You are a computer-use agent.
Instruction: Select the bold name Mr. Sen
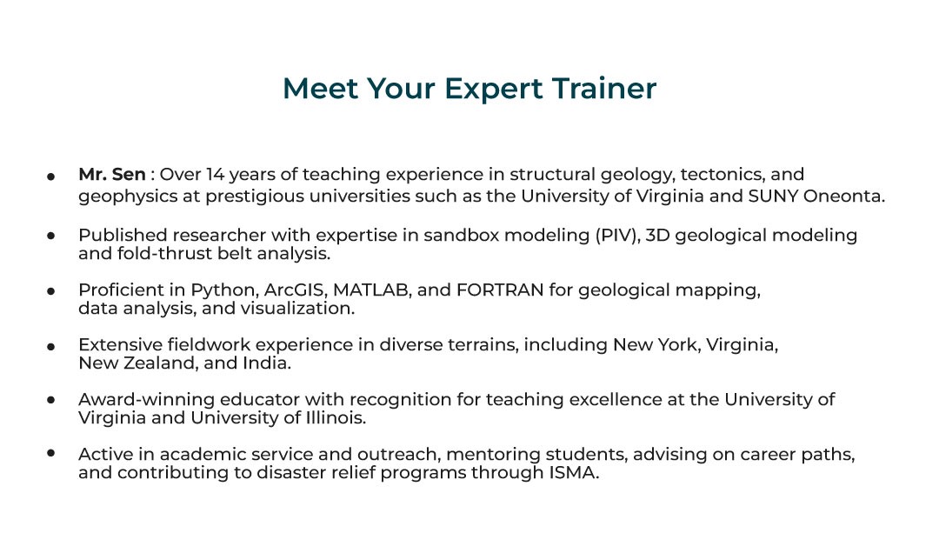[112, 175]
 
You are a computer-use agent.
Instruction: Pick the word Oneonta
[843, 196]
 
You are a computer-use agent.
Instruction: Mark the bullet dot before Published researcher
[51, 236]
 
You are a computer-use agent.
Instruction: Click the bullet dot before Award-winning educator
[51, 400]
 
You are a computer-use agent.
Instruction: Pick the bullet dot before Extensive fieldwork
[51, 345]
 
